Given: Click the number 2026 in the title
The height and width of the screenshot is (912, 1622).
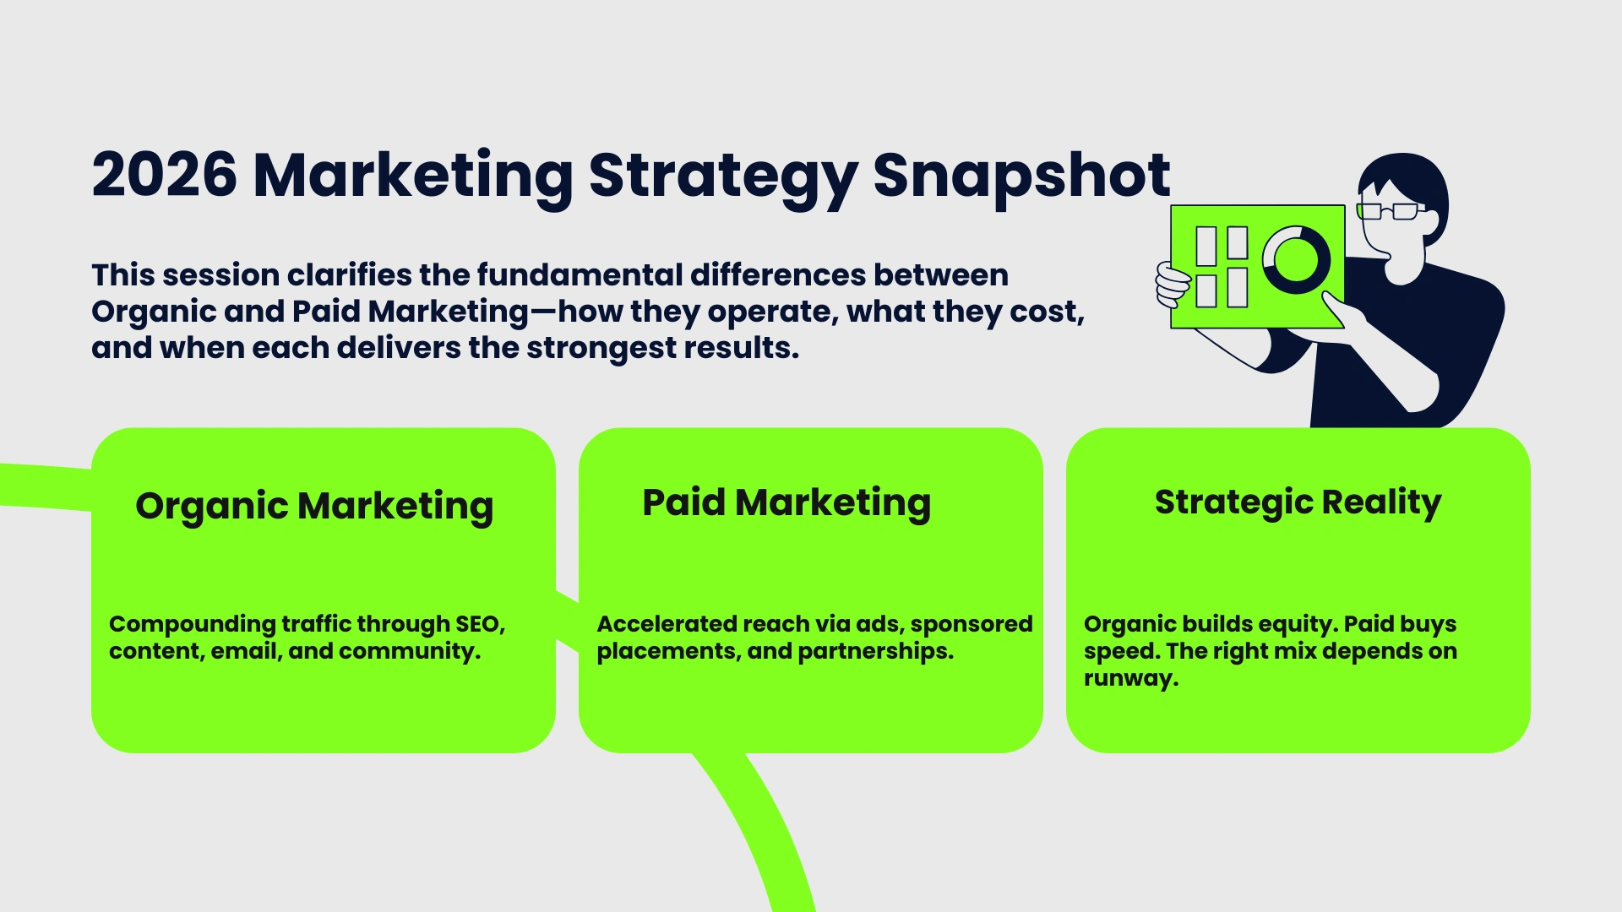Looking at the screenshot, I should (165, 176).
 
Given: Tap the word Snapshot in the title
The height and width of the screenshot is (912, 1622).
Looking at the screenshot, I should (1021, 176).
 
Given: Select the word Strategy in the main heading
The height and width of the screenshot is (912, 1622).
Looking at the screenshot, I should (723, 176).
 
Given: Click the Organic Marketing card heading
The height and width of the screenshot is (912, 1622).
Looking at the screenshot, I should (314, 506).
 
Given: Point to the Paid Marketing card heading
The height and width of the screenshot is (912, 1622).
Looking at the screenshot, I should (787, 502).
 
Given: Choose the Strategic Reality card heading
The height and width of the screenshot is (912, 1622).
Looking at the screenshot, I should (1298, 502).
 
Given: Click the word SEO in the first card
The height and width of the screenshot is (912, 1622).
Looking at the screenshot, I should (479, 624).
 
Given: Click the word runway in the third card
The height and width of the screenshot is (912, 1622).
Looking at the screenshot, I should (1130, 679).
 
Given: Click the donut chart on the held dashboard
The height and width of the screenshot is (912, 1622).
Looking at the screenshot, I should (1295, 259).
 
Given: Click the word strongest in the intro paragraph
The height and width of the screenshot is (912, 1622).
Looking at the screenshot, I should (588, 348).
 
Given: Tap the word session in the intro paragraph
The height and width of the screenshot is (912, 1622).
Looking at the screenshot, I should (220, 275).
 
